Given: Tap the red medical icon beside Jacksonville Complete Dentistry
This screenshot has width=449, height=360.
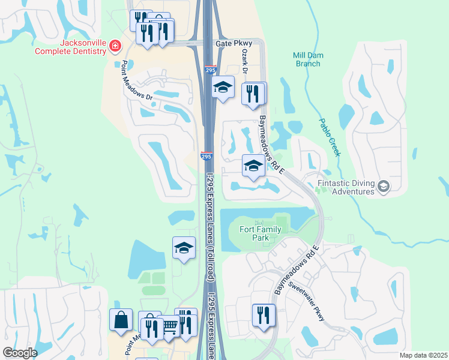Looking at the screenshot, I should click(115, 46).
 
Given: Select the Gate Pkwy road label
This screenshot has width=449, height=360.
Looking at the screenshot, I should click(232, 44).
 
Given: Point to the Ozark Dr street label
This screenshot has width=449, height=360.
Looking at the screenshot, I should click(245, 61).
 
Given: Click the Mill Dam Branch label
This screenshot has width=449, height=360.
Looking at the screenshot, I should click(308, 59).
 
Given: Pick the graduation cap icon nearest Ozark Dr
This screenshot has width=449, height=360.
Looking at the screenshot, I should click(223, 87).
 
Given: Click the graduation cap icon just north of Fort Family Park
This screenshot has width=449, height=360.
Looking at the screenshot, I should click(253, 165).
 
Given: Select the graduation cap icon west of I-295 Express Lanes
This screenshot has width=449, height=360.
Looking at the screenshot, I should click(184, 248).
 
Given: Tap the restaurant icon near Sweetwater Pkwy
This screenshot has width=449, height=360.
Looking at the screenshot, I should click(263, 314).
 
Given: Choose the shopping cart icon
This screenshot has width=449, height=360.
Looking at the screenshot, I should click(169, 326).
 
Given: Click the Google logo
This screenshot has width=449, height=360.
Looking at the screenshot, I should click(19, 353).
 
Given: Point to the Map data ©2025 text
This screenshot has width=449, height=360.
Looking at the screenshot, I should click(423, 355).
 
